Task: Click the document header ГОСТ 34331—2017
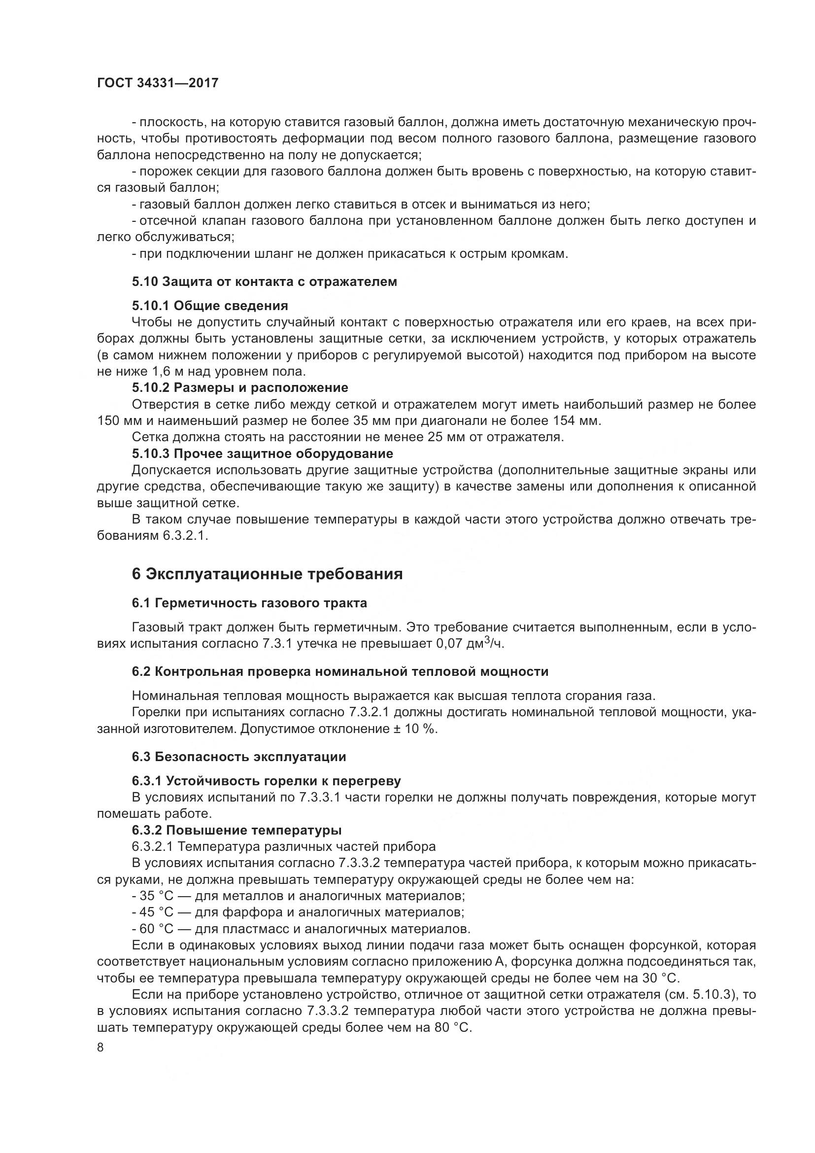click(158, 83)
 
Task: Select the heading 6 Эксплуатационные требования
click(267, 574)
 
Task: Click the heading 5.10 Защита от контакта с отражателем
click(265, 282)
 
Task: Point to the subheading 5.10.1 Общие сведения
click(210, 306)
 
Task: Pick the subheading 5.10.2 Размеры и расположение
click(240, 387)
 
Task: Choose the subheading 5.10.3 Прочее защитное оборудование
click(263, 454)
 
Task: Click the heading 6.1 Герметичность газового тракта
click(249, 603)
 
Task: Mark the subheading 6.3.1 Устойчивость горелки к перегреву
click(267, 781)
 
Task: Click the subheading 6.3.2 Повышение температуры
click(237, 830)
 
